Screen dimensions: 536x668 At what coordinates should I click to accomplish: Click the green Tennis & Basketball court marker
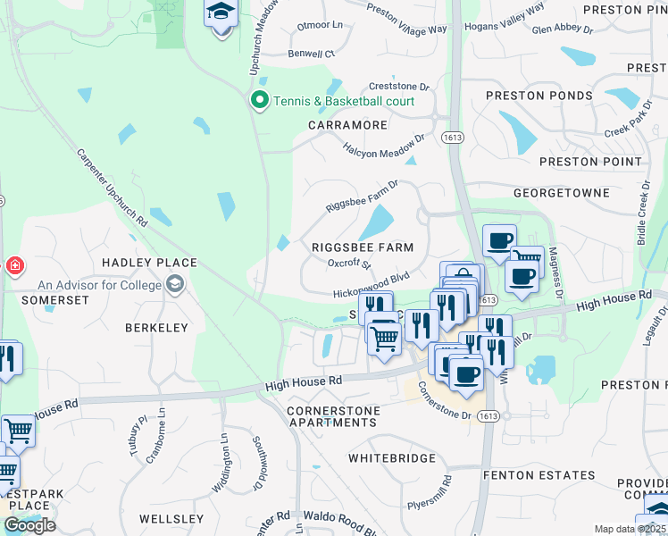click(x=260, y=100)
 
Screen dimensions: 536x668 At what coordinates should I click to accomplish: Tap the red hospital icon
click(x=14, y=266)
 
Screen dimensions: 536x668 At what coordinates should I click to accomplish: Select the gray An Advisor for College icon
click(x=176, y=286)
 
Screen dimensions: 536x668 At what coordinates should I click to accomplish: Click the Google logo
click(x=29, y=525)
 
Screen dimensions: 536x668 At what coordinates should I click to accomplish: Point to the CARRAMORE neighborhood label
click(x=347, y=125)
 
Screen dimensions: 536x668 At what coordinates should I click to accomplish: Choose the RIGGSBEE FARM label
click(x=363, y=247)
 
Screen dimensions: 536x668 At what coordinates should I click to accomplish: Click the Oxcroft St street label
click(x=348, y=264)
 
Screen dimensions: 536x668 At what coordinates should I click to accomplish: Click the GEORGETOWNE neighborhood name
click(x=561, y=192)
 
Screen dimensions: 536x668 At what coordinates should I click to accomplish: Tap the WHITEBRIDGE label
click(x=391, y=458)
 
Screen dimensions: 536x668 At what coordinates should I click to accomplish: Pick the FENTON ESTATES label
click(x=539, y=475)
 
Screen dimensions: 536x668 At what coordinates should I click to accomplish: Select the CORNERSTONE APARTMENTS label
click(x=331, y=416)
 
